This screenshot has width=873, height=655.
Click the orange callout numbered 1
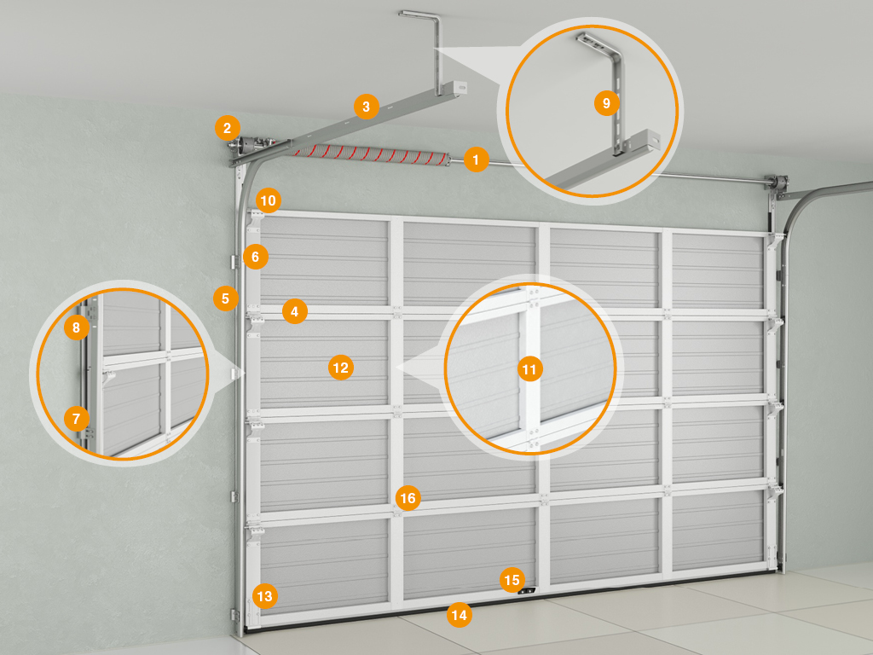pyautogui.click(x=476, y=159)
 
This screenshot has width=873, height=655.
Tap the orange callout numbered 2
pyautogui.click(x=227, y=129)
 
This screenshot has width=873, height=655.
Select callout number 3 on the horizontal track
pyautogui.click(x=366, y=107)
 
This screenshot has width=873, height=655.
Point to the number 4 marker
pyautogui.click(x=294, y=312)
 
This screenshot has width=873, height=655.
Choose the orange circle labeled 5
pyautogui.click(x=225, y=299)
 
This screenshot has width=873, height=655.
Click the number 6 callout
pyautogui.click(x=256, y=257)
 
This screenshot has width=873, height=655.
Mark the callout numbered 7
pyautogui.click(x=76, y=418)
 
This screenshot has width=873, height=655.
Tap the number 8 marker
pyautogui.click(x=76, y=327)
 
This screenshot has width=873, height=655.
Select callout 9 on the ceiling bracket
pyautogui.click(x=607, y=103)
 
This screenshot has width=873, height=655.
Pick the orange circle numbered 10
pyautogui.click(x=268, y=200)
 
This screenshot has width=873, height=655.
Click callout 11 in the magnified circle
pyautogui.click(x=529, y=368)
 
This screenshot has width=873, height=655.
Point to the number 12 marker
pyautogui.click(x=341, y=368)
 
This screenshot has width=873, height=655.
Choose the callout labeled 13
pyautogui.click(x=264, y=596)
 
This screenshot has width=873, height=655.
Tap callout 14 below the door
pyautogui.click(x=460, y=615)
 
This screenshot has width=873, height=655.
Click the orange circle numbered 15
pyautogui.click(x=512, y=580)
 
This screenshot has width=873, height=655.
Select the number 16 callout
pyautogui.click(x=408, y=498)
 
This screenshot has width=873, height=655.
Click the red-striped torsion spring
pyautogui.click(x=370, y=154)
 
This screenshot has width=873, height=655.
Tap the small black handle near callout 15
pyautogui.click(x=527, y=591)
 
